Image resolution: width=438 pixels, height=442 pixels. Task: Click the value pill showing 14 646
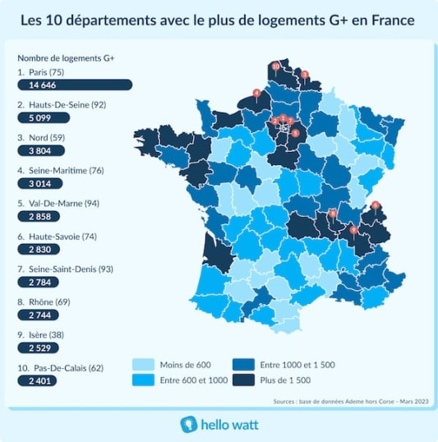point(75,85)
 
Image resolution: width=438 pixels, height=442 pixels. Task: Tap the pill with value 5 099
point(43,117)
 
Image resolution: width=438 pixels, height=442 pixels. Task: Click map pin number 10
point(275,66)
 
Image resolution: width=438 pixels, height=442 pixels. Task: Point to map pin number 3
point(305,75)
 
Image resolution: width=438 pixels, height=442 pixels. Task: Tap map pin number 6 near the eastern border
point(376,205)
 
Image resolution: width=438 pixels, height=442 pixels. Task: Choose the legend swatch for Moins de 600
point(144,364)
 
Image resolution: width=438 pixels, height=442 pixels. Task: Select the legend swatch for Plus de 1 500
point(243,380)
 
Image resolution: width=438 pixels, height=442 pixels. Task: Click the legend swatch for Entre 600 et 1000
point(144,380)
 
